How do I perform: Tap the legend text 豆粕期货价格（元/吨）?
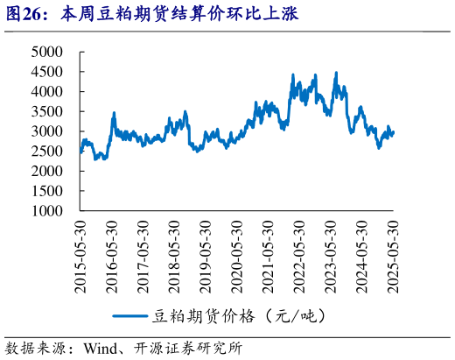pyautogui.click(x=241, y=314)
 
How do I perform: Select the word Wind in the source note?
pyautogui.click(x=101, y=347)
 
